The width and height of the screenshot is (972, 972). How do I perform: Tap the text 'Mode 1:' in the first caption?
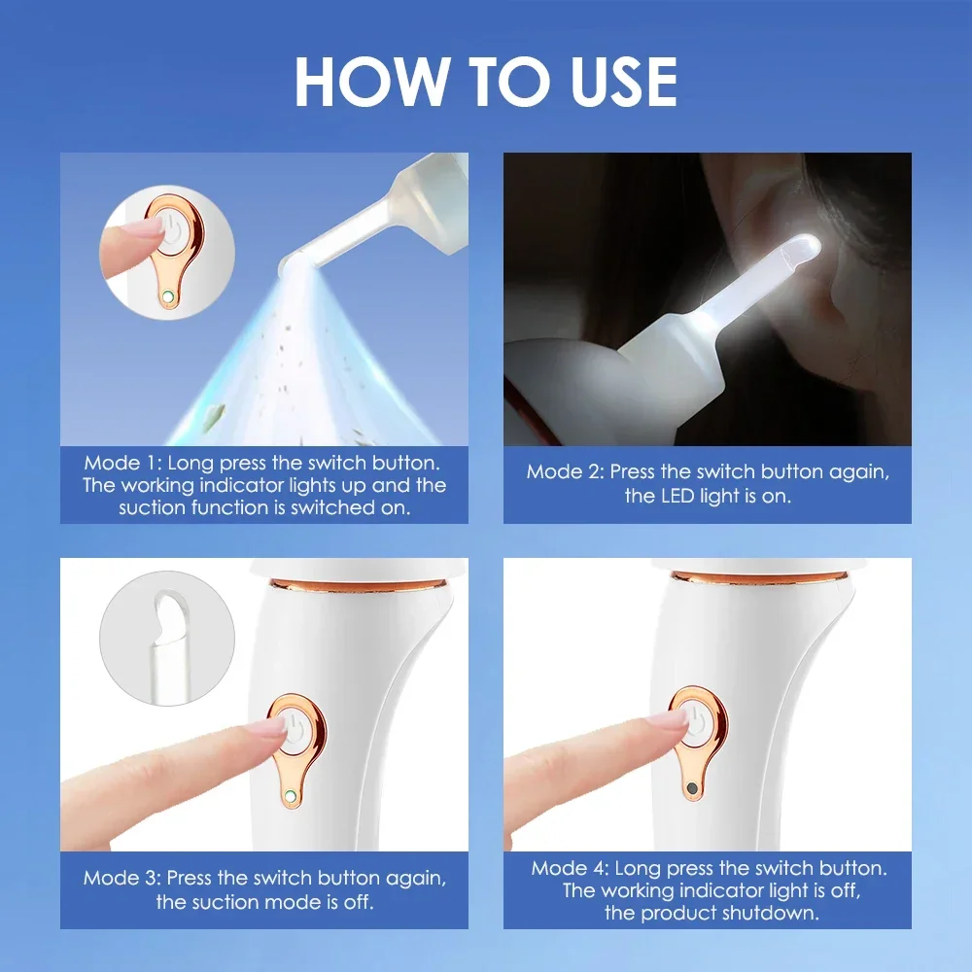tap(122, 463)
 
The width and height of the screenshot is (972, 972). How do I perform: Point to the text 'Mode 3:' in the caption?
tap(122, 878)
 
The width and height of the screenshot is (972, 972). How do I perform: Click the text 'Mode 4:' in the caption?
tap(571, 868)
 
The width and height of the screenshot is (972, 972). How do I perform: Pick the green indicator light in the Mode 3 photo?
tap(290, 796)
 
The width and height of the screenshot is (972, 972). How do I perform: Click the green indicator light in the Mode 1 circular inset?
tap(169, 295)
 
